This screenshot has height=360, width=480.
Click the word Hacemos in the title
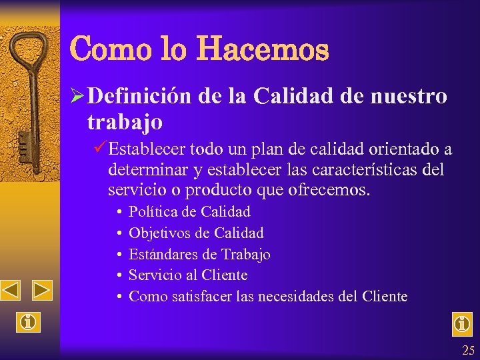[x=261, y=49]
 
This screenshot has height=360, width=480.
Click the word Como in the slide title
[x=101, y=49]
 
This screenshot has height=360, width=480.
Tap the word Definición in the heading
[x=139, y=96]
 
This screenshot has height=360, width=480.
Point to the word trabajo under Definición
[x=125, y=121]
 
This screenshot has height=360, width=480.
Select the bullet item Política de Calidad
[x=189, y=212]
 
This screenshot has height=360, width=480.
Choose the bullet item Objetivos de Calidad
[x=196, y=233]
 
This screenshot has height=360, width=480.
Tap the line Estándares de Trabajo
[x=199, y=254]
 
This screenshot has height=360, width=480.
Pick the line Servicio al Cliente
[x=188, y=275]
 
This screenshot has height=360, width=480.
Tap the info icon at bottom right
[x=461, y=324]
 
